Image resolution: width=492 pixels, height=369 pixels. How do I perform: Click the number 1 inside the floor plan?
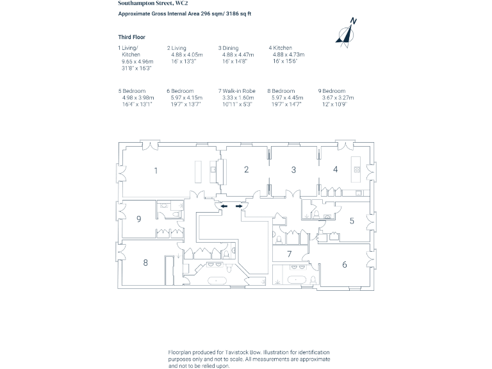156,171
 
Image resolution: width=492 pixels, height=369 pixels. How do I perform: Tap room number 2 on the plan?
246,170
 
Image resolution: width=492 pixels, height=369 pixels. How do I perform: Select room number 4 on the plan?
335,170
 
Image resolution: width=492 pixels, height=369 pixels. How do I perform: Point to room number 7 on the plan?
290,254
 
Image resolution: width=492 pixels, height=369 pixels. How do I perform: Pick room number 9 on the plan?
139,219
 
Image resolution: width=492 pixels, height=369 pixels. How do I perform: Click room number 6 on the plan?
345,264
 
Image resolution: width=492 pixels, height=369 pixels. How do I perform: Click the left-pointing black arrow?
224,206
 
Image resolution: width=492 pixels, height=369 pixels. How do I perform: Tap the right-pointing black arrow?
239,206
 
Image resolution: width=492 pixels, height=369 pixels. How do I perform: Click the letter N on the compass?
354,21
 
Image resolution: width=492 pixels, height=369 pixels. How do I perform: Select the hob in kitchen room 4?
357,170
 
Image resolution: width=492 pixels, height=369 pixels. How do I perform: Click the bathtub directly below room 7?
297,279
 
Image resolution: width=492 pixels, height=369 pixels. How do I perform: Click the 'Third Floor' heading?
131,37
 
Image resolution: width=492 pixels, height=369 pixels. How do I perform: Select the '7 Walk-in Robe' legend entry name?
237,91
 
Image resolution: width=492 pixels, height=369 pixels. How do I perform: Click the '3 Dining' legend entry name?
229,48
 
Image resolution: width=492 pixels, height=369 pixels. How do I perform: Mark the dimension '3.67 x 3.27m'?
338,97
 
